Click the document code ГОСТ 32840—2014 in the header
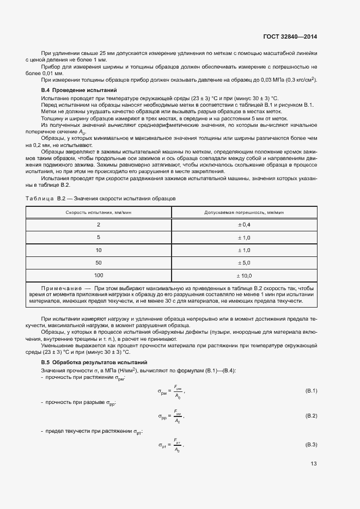(290, 36)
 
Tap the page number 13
(313, 464)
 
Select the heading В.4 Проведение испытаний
(79, 89)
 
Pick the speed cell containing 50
(99, 263)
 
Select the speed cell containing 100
(99, 275)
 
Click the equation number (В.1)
(311, 391)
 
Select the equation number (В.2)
(311, 416)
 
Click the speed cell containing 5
(99, 237)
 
